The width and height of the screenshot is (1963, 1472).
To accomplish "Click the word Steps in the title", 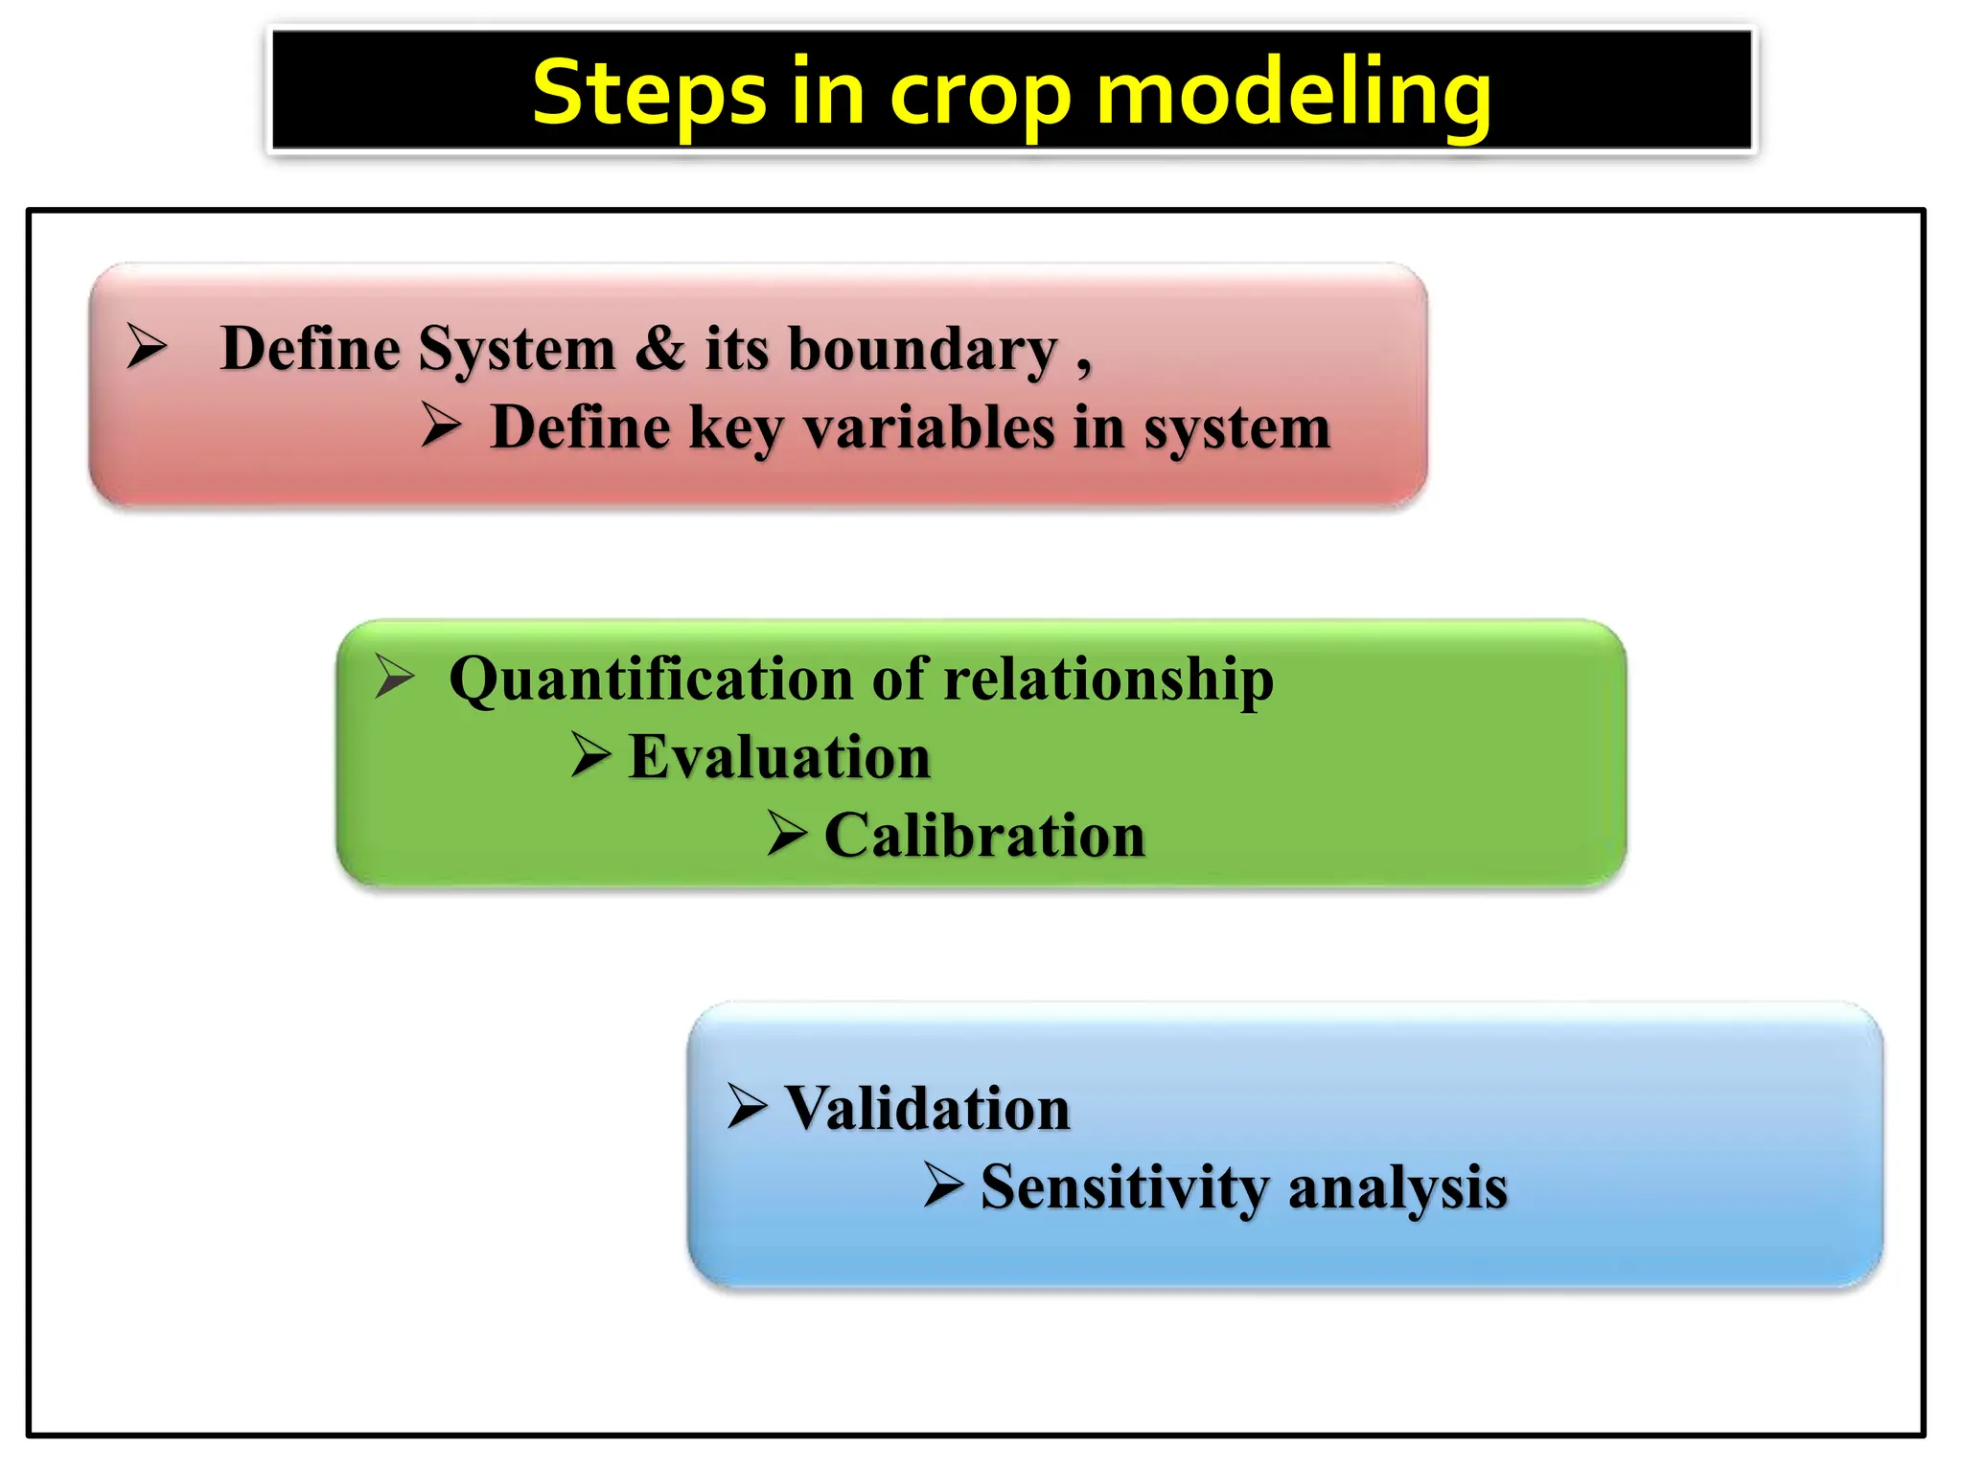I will (x=649, y=93).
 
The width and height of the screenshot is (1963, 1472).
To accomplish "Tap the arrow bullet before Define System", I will (x=147, y=346).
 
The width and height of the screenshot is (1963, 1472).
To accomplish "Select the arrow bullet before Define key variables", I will (x=442, y=425).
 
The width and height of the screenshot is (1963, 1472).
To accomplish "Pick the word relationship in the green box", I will (x=1109, y=680).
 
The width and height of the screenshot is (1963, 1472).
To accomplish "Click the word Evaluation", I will (x=779, y=757).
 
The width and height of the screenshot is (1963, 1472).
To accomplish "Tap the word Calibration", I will (x=984, y=836).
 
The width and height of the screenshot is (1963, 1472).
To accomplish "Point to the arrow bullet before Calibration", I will (x=788, y=832).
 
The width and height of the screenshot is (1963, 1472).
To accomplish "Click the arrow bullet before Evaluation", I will (x=591, y=754).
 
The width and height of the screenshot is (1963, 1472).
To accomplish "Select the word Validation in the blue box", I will (x=927, y=1109).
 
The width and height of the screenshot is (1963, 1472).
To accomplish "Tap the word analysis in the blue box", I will (x=1397, y=1188).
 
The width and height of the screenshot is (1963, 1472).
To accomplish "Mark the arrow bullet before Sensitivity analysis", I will (x=944, y=1184).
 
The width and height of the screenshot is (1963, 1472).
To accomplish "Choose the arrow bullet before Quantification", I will (x=394, y=676).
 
